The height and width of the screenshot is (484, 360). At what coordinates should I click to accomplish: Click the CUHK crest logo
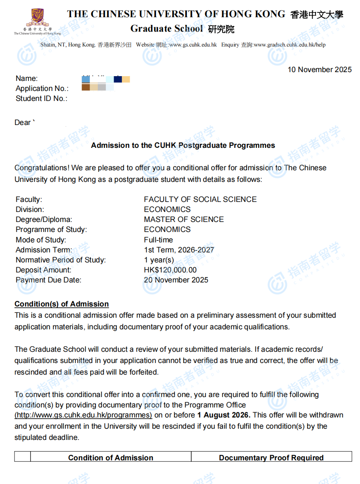tap(37, 18)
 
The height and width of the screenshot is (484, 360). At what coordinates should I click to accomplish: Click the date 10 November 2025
tap(320, 70)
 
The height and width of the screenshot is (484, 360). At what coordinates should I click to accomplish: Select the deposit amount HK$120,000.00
tap(170, 270)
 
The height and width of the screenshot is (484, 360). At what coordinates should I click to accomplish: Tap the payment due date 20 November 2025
tap(176, 280)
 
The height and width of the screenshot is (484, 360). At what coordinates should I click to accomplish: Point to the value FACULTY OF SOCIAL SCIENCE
tap(200, 199)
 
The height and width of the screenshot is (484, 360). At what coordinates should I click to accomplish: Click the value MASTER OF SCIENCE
tap(184, 220)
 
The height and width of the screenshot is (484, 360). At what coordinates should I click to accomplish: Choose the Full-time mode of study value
tap(158, 240)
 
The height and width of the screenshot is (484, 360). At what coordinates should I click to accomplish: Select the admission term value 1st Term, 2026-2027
tap(179, 250)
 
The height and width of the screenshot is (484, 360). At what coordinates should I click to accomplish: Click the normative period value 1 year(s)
tap(159, 260)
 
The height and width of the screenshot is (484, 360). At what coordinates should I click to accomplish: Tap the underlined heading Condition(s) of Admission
tap(62, 304)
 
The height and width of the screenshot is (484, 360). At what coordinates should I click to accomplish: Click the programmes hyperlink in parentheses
tap(83, 415)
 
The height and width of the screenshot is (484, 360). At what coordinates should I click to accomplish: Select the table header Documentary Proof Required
tap(271, 458)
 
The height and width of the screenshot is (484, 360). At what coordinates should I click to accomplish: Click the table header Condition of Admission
tap(111, 458)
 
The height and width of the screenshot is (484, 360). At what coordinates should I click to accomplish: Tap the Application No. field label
tap(42, 89)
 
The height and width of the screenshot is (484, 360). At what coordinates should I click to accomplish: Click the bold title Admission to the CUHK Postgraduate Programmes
tap(183, 145)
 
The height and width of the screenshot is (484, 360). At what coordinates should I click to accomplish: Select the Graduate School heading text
tap(167, 29)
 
